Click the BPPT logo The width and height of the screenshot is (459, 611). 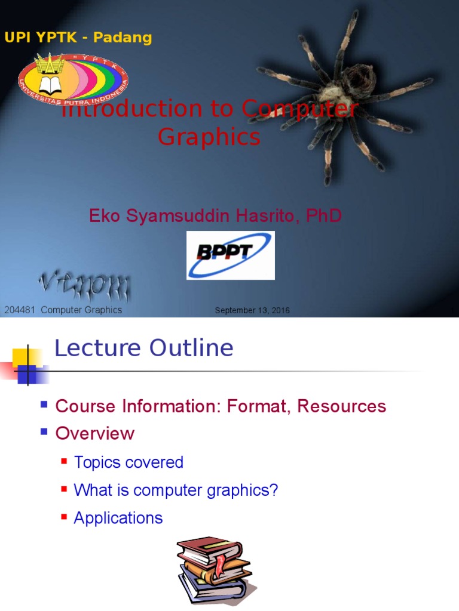click(231, 255)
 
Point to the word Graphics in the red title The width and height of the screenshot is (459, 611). click(209, 137)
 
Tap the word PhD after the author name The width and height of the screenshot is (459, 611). click(323, 215)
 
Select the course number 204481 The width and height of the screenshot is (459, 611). click(20, 310)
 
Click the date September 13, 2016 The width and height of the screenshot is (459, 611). click(252, 310)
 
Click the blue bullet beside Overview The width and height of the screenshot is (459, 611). click(44, 431)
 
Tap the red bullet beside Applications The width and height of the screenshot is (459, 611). click(64, 516)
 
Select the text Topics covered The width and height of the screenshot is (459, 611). click(128, 462)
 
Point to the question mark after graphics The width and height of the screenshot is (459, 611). click(274, 490)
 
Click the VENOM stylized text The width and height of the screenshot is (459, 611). click(84, 288)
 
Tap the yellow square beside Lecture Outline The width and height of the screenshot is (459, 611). click(23, 357)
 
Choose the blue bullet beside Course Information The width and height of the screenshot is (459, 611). click(44, 404)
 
